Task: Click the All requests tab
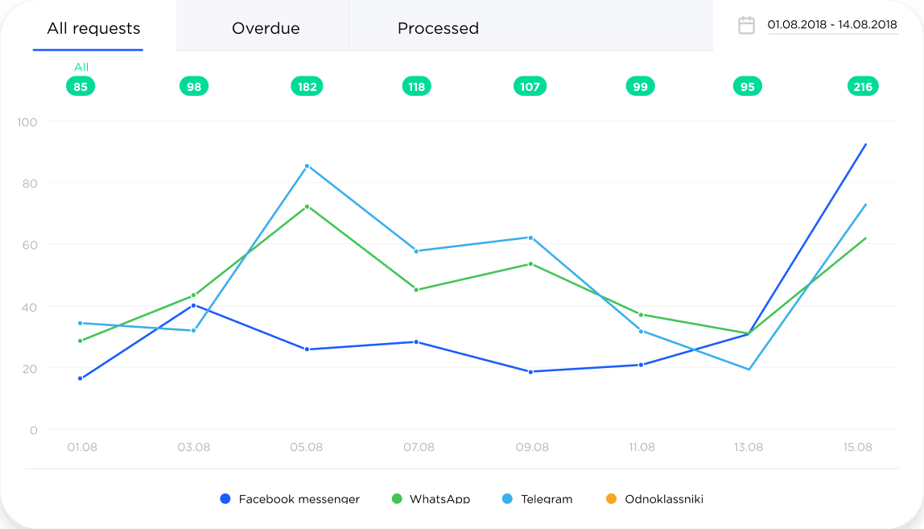[x=93, y=28]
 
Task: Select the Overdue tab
[x=266, y=28]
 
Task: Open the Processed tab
[x=438, y=28]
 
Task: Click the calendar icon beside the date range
[x=747, y=25]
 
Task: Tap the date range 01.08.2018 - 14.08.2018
[x=832, y=25]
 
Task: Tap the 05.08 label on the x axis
[x=307, y=447]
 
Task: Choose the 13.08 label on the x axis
[x=749, y=447]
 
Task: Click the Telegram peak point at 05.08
[x=307, y=166]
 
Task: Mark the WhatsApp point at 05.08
[x=307, y=206]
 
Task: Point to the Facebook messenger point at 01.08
[x=80, y=378]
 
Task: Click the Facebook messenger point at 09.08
[x=530, y=372]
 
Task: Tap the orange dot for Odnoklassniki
[x=611, y=499]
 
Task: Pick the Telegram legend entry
[x=538, y=499]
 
